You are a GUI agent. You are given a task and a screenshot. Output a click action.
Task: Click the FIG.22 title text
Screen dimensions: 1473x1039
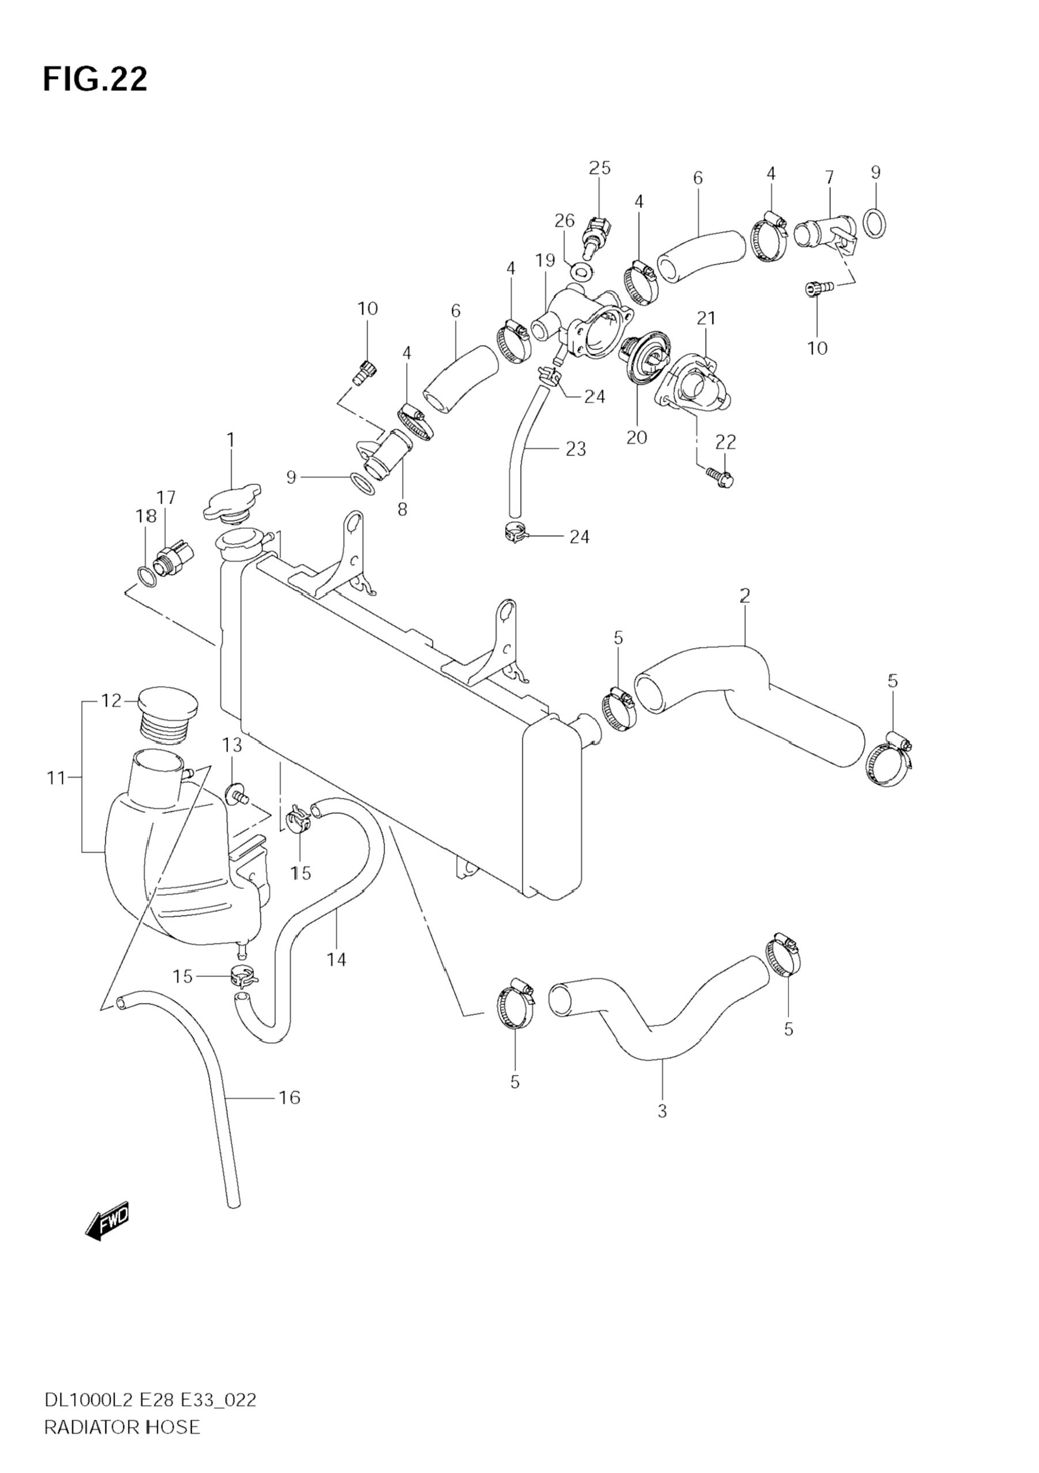(x=95, y=79)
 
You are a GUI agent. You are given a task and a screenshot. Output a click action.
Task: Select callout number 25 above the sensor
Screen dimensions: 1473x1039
(x=600, y=168)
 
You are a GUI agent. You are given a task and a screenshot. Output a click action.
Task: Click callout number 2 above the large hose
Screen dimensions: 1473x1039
(x=744, y=596)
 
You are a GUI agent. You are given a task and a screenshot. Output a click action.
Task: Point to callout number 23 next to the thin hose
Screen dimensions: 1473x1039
(x=576, y=449)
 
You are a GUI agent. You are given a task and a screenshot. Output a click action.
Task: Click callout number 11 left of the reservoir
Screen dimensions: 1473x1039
(x=56, y=778)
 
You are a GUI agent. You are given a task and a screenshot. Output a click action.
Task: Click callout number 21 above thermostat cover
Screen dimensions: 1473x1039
(x=706, y=318)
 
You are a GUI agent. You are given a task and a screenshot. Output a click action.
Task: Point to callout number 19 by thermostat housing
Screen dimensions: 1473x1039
(x=545, y=260)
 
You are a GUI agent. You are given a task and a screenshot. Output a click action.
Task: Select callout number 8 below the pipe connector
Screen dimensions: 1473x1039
(x=402, y=509)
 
